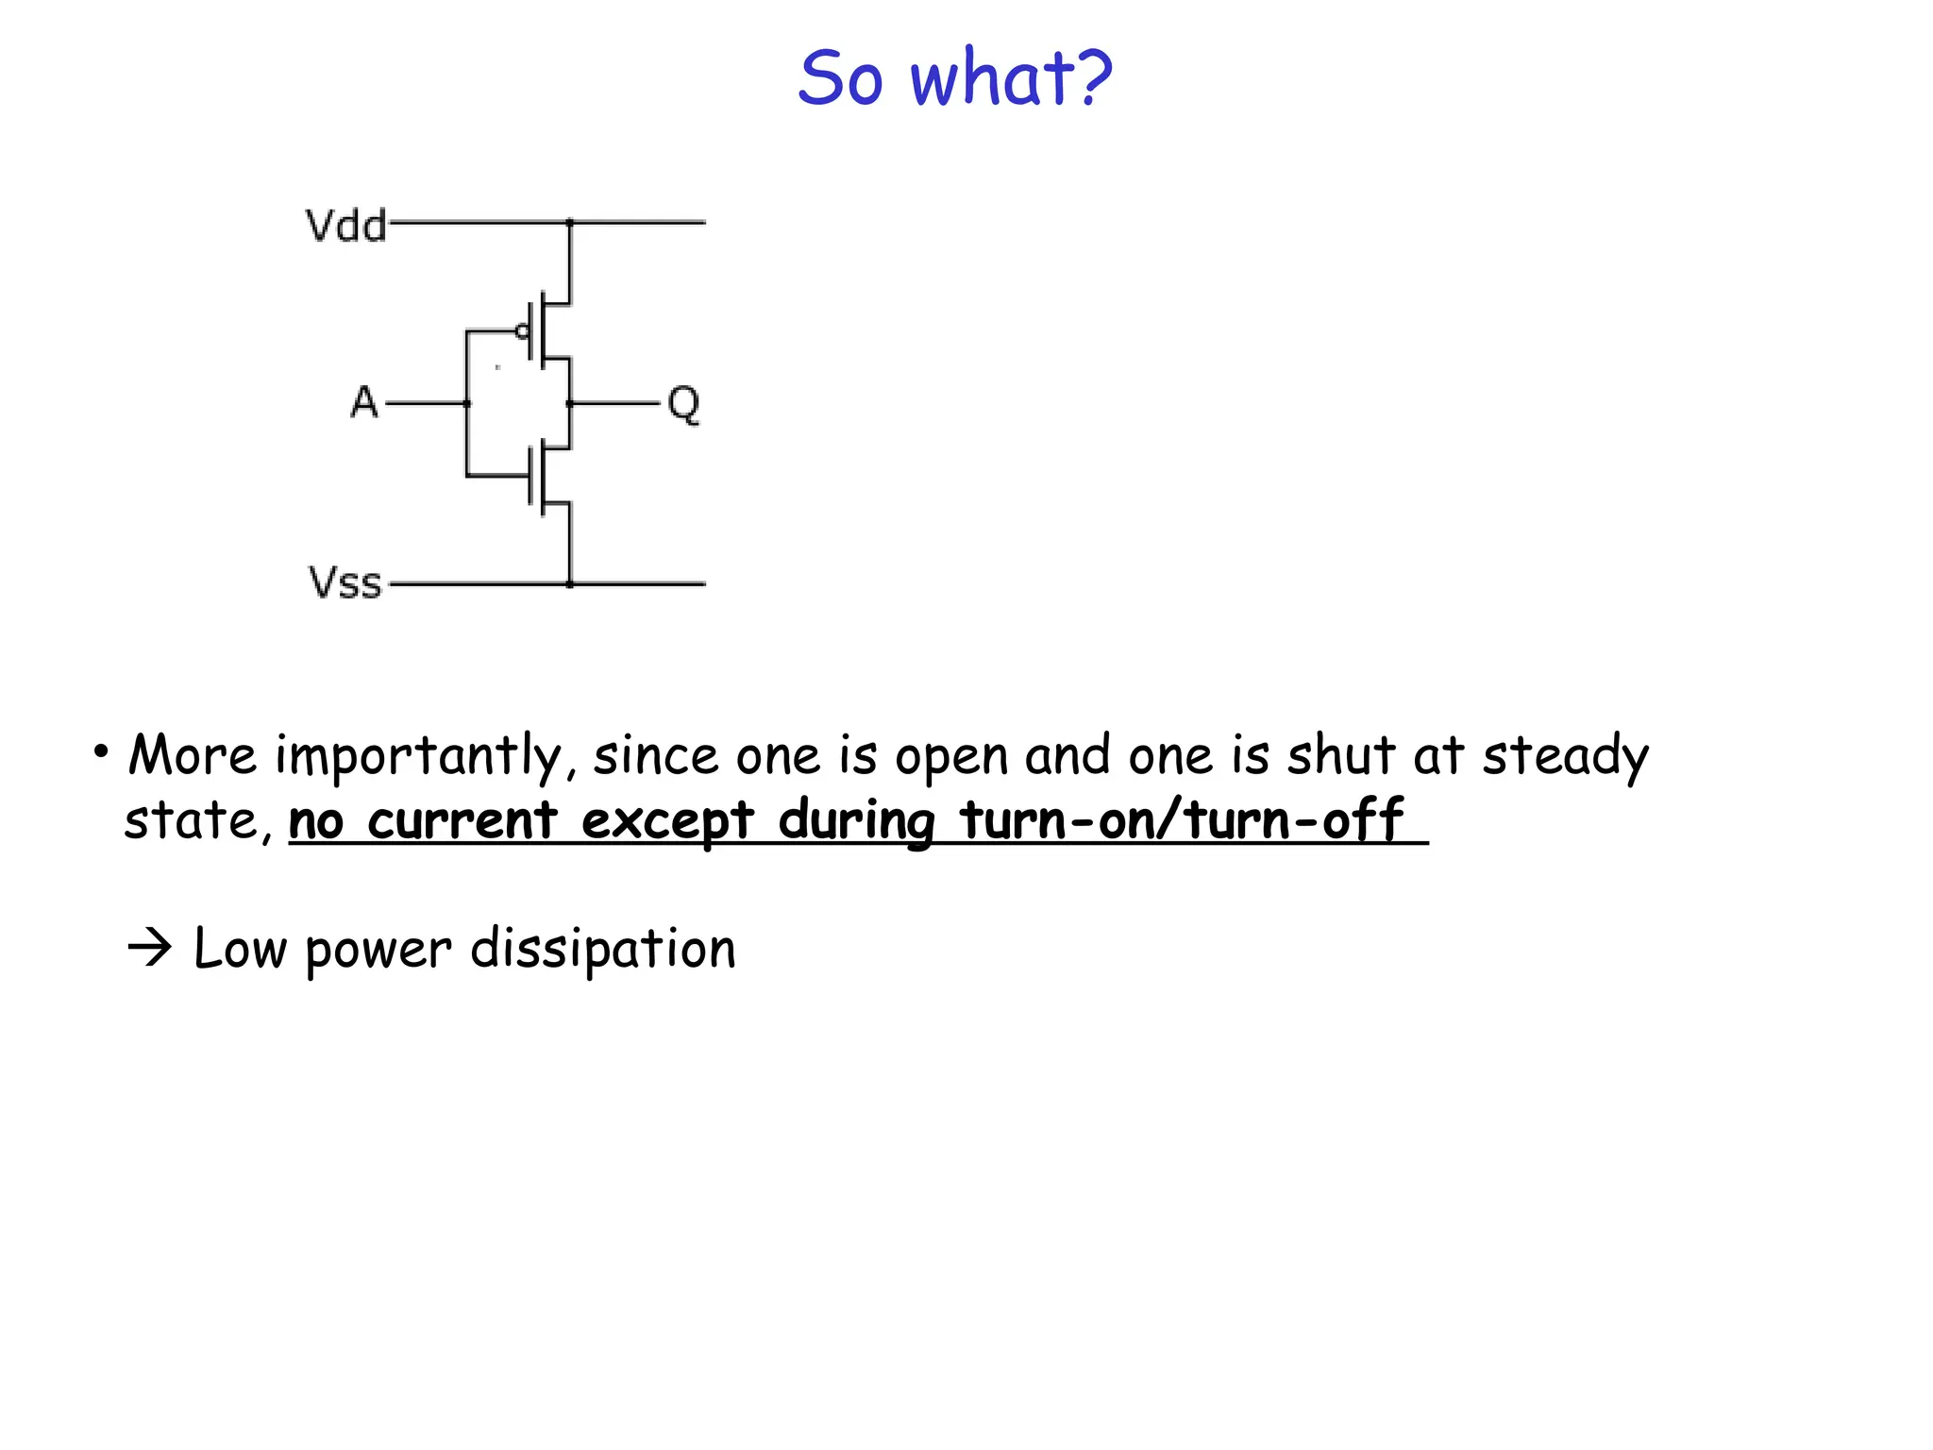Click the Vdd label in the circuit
(x=346, y=227)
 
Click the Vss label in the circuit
(x=345, y=583)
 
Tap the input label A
(x=364, y=403)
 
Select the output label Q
(x=683, y=405)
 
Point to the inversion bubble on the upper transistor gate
(x=522, y=331)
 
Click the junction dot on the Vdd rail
(x=570, y=223)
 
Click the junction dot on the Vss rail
(x=570, y=584)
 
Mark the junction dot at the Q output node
(x=570, y=403)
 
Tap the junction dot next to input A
(x=467, y=403)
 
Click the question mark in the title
(x=1093, y=78)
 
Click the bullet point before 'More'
(x=100, y=752)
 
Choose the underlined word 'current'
(x=462, y=821)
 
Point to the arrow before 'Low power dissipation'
(x=150, y=947)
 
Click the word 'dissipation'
(x=603, y=950)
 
